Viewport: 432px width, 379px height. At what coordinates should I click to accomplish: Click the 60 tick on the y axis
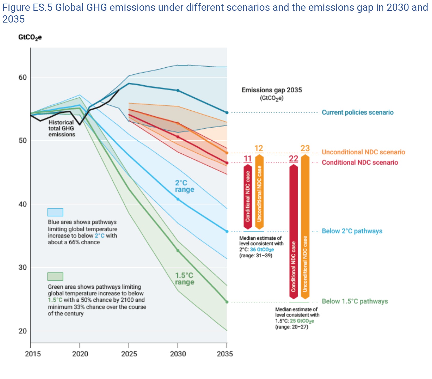23,77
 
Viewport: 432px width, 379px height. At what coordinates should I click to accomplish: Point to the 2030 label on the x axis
178,354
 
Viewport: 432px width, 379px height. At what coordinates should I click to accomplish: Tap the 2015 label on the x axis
33,354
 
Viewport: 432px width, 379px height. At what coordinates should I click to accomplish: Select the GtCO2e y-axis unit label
30,37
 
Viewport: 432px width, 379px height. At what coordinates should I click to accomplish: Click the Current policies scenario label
357,112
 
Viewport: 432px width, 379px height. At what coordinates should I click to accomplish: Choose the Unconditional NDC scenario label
363,152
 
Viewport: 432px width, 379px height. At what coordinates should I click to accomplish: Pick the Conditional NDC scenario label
360,162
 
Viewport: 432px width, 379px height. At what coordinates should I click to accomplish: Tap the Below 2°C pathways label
352,231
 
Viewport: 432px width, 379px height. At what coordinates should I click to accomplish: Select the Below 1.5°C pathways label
355,301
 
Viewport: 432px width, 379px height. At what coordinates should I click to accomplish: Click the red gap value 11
248,159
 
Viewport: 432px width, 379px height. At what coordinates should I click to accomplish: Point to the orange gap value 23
305,148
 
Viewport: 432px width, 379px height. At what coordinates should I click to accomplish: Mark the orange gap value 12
259,149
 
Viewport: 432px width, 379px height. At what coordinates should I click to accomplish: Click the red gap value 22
293,159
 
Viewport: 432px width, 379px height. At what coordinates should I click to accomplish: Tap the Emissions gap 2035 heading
272,90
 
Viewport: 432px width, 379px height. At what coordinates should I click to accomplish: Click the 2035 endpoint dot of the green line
227,302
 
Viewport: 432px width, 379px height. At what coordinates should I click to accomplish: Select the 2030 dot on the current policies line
178,90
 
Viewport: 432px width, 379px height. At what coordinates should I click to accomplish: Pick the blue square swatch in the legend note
55,212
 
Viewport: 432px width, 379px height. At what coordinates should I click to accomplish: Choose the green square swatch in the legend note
55,277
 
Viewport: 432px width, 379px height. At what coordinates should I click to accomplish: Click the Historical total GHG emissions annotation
61,128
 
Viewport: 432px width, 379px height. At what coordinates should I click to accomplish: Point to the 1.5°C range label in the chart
184,279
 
